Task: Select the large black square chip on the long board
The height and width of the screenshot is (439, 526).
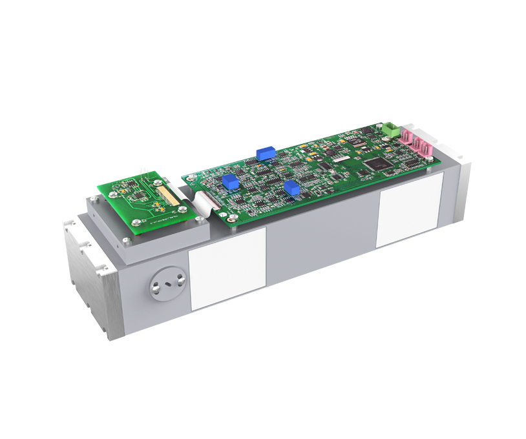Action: (373, 164)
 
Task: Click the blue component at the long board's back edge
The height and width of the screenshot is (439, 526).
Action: (264, 152)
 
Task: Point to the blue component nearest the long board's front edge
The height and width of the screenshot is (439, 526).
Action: (291, 188)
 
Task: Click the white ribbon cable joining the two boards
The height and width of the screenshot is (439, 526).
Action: (205, 194)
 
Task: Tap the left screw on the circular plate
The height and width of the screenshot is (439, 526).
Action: (155, 287)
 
